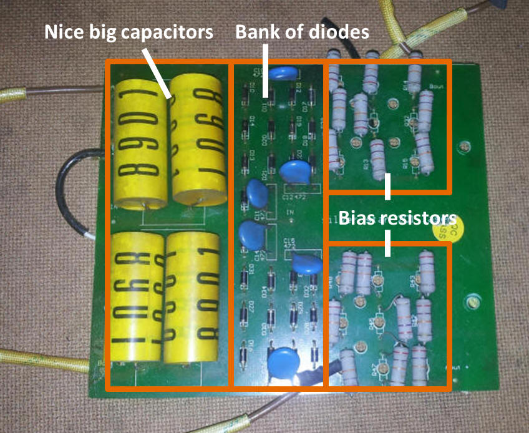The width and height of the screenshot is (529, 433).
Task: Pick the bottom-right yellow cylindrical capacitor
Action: (192, 298)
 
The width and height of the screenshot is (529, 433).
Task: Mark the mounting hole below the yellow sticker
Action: (475, 304)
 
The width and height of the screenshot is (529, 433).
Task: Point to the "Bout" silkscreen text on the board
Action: (435, 87)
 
